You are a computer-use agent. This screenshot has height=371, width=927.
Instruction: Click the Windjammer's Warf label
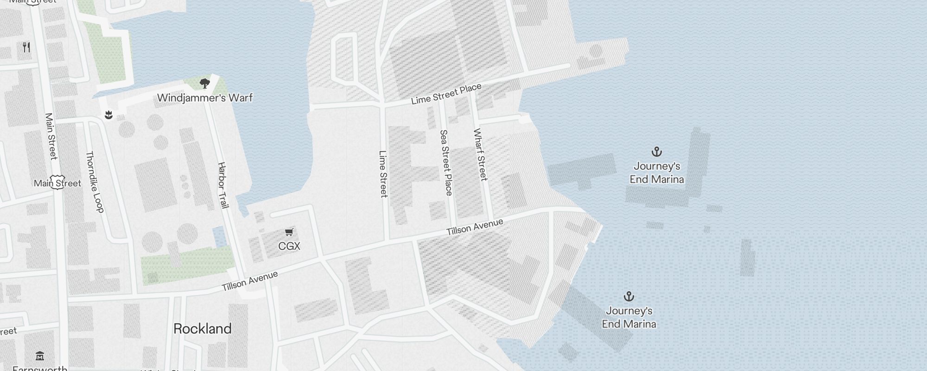(x=205, y=98)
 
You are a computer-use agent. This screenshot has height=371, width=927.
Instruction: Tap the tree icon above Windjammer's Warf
(x=204, y=84)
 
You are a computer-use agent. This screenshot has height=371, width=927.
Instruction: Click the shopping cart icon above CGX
(x=289, y=232)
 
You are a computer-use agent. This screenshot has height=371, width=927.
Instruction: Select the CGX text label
(x=289, y=246)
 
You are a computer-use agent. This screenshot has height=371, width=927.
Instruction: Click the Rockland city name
(x=202, y=329)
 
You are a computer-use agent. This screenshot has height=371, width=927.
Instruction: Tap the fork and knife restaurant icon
(x=26, y=47)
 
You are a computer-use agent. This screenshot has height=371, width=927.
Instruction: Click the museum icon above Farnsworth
(x=40, y=356)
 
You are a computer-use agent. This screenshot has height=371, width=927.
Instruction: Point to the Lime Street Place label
(x=446, y=94)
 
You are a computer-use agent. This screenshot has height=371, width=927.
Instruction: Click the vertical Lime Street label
(x=383, y=174)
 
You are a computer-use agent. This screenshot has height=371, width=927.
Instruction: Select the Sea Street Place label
(x=445, y=162)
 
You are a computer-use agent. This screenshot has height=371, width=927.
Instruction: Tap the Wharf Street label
(x=480, y=154)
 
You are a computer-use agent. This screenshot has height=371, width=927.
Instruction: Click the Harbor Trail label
(x=223, y=185)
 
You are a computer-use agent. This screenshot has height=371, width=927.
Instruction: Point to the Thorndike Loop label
(x=95, y=182)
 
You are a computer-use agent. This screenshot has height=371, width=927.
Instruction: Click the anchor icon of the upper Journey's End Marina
(x=656, y=152)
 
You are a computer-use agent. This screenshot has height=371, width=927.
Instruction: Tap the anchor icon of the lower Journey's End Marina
(x=629, y=296)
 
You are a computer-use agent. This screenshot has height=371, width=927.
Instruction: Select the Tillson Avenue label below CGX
(x=250, y=281)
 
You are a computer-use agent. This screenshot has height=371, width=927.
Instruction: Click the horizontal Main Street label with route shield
(x=57, y=183)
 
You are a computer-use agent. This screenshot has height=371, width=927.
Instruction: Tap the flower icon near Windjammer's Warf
(x=109, y=115)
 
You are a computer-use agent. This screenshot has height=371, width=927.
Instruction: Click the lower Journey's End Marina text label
(x=629, y=318)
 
